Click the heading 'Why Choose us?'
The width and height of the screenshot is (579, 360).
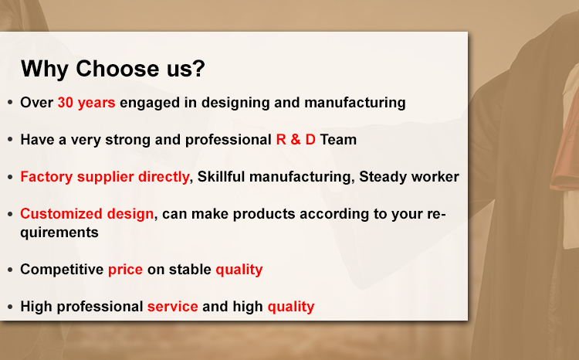[113, 69]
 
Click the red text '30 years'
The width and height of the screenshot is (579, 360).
[86, 103]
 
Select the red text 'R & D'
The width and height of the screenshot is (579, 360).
[296, 140]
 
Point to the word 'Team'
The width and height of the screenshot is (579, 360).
[338, 140]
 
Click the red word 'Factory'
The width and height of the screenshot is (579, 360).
[46, 178]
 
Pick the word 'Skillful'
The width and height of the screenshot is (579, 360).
[222, 177]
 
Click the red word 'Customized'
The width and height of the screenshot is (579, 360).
[61, 214]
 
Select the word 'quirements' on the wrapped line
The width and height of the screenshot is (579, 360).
[59, 233]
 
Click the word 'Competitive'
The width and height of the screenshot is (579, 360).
[62, 270]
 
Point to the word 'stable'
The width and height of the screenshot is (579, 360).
[190, 270]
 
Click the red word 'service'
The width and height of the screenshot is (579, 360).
[173, 307]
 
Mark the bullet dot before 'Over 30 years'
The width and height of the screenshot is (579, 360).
[10, 103]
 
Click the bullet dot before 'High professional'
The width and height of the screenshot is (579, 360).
[10, 307]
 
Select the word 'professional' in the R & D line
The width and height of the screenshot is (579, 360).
[229, 140]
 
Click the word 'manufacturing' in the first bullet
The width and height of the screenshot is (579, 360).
[355, 103]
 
